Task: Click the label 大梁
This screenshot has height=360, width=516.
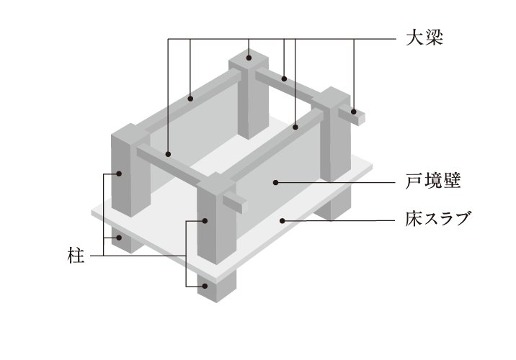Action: click(422, 37)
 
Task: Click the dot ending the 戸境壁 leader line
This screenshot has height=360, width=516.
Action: click(275, 184)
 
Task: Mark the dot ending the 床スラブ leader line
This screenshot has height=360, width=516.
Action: click(283, 220)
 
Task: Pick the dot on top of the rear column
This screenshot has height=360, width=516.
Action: click(248, 56)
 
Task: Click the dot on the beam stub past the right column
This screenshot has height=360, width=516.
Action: click(355, 112)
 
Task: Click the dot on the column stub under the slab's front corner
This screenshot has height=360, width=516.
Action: click(205, 286)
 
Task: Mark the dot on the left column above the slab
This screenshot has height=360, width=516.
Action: click(119, 174)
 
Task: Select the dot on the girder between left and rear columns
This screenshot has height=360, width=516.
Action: click(190, 99)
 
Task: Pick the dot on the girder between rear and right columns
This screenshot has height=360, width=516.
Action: click(285, 78)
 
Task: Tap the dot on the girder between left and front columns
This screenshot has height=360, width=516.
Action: click(167, 153)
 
